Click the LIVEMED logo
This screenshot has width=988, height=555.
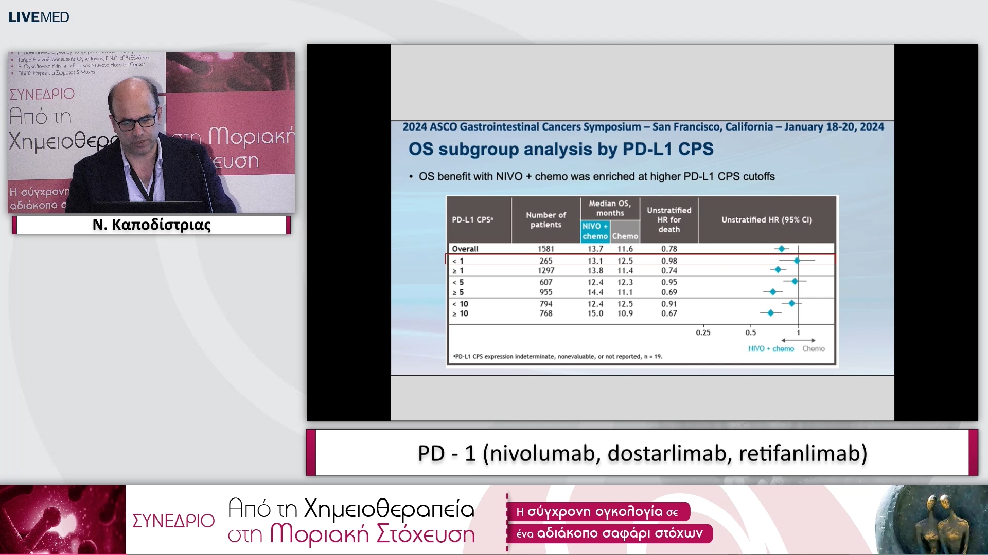[x=39, y=17]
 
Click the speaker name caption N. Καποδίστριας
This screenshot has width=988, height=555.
[x=152, y=225]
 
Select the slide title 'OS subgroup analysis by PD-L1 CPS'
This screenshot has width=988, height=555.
[x=560, y=149]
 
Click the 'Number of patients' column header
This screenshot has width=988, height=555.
[x=545, y=219]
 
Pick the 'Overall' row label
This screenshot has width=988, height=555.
[x=465, y=249]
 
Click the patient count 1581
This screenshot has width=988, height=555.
[x=546, y=249]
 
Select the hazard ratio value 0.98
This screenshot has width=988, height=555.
[x=669, y=261]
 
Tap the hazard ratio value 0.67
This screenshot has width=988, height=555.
[x=669, y=313]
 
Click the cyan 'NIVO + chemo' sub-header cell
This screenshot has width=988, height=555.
[x=595, y=231]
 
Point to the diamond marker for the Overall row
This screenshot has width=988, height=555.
[x=782, y=249]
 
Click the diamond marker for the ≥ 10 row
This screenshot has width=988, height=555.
[x=770, y=313]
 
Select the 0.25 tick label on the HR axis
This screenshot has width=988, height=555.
[x=703, y=332]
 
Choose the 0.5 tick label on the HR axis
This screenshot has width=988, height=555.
[x=751, y=332]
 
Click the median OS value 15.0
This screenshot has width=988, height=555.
[x=595, y=313]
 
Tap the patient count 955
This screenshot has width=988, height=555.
[x=546, y=292]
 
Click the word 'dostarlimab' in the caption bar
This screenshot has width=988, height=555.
[x=669, y=453]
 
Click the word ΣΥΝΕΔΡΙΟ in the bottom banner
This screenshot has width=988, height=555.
[x=173, y=521]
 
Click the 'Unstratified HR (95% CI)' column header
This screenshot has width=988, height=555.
[x=766, y=219]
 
